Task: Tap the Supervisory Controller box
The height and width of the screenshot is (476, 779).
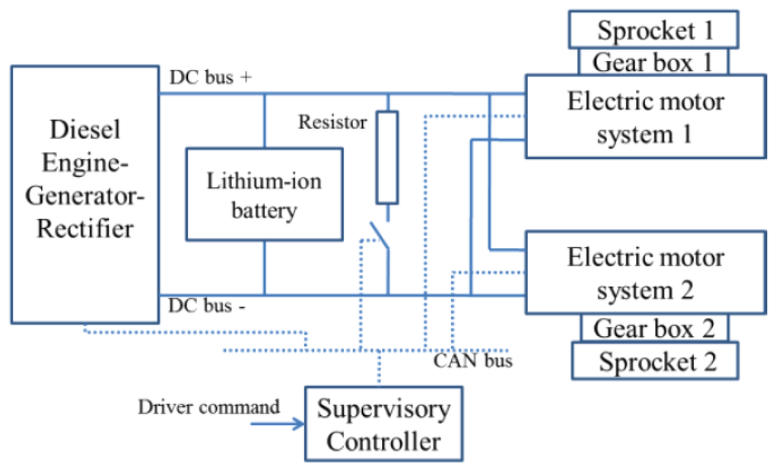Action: [383, 424]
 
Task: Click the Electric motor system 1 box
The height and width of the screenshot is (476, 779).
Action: [644, 116]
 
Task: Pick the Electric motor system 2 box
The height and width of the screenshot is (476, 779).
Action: [644, 273]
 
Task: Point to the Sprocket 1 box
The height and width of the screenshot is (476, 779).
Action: [654, 30]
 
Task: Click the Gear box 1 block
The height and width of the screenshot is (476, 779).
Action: [653, 62]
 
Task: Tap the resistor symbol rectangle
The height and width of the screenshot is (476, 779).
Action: [387, 157]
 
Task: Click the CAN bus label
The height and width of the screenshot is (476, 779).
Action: [472, 360]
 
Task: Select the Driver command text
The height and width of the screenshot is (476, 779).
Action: [208, 407]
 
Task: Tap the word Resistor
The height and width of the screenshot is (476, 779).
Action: [332, 122]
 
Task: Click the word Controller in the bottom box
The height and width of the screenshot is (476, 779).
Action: [383, 440]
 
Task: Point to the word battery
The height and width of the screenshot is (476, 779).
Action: [264, 211]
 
